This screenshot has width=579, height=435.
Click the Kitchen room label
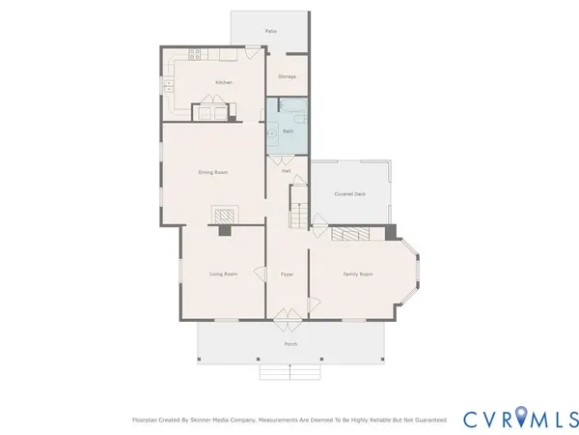[x=224, y=83]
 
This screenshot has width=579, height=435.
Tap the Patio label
[x=271, y=31]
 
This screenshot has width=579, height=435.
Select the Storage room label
[x=287, y=75]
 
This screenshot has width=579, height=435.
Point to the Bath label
[x=288, y=130]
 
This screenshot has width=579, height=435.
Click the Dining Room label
[x=212, y=172]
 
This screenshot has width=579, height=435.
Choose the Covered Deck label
[x=349, y=193]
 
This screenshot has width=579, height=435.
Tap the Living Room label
[x=223, y=275]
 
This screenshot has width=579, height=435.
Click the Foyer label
[x=287, y=275]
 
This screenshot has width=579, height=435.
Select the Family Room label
[x=358, y=275]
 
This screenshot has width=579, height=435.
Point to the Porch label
[x=289, y=344]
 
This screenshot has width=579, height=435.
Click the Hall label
[x=287, y=171]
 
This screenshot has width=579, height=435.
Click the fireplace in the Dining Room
[x=224, y=215]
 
